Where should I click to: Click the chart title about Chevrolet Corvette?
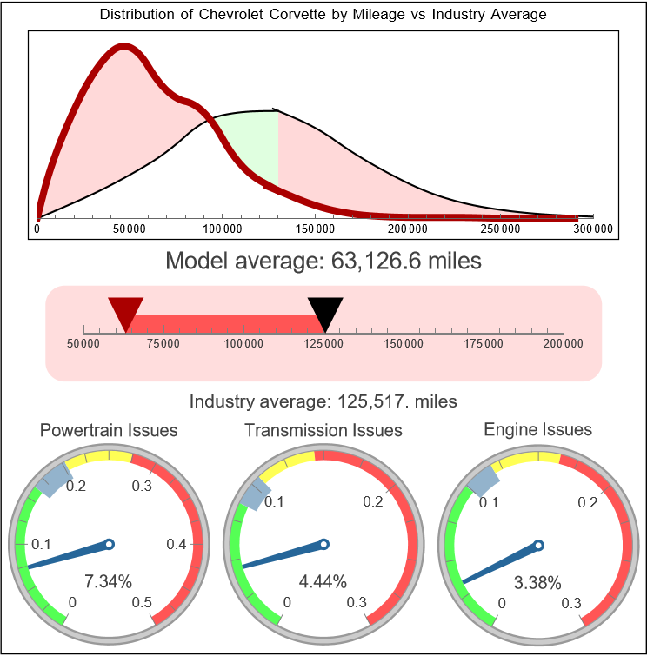[x=323, y=15]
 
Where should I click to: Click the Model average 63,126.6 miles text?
[x=323, y=261]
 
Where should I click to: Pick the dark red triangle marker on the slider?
[x=125, y=312]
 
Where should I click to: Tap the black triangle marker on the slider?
[x=325, y=312]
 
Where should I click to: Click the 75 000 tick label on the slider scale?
[x=163, y=344]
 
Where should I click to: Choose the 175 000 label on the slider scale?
[x=484, y=344]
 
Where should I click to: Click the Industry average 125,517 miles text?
[x=323, y=401]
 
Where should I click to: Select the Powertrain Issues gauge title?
[x=110, y=430]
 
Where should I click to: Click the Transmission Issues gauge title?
[x=323, y=430]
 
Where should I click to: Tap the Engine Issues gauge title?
[x=537, y=429]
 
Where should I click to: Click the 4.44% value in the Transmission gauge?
[x=323, y=580]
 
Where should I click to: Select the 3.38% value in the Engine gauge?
[x=537, y=582]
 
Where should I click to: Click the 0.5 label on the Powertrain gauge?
[x=143, y=603]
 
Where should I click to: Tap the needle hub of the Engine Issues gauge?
[x=538, y=546]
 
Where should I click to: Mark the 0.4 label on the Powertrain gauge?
[x=177, y=545]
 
